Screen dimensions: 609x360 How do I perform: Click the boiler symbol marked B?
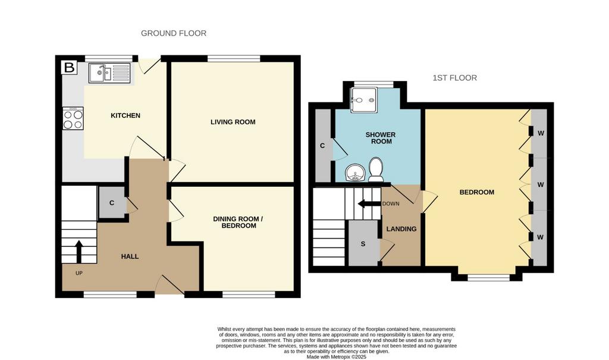(x=70, y=68)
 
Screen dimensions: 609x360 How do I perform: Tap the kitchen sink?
(x=109, y=73)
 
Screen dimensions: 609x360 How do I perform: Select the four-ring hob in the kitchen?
(x=73, y=118)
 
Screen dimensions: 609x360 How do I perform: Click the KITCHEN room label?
(x=125, y=115)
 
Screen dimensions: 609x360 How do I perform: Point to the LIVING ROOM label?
(x=233, y=122)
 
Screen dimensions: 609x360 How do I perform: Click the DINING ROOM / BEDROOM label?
(x=238, y=223)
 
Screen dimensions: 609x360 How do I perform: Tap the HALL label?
(x=130, y=256)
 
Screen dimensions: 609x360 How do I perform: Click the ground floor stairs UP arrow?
(x=79, y=252)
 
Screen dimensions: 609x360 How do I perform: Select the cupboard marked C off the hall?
(x=112, y=202)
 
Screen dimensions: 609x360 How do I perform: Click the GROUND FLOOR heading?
(x=174, y=33)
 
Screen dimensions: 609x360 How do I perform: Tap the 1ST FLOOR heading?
(x=455, y=78)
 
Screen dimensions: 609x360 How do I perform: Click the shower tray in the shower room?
(x=363, y=100)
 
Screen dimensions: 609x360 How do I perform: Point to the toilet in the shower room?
(x=376, y=170)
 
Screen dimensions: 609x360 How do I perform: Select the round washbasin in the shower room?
(x=355, y=173)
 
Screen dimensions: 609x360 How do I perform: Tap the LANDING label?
(x=401, y=229)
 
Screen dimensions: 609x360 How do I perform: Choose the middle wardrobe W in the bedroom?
(x=540, y=184)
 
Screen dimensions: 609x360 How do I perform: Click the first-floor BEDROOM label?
(x=477, y=192)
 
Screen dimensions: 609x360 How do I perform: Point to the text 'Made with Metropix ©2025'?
(x=337, y=357)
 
